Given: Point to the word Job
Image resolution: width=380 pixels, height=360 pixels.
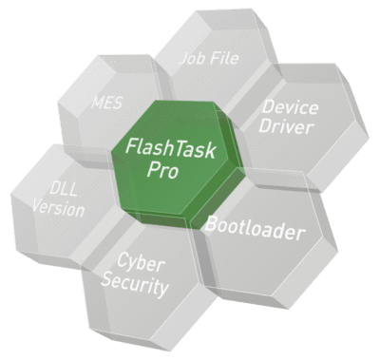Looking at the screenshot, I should tap(193, 58).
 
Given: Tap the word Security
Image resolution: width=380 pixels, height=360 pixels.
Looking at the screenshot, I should tap(143, 285).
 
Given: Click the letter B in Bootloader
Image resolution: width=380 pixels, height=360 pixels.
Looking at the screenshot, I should tap(212, 224).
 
